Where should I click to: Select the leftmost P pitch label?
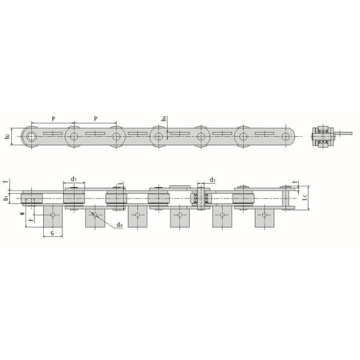pyautogui.click(x=53, y=118)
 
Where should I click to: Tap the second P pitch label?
pyautogui.click(x=96, y=118)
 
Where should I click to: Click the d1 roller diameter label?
pyautogui.click(x=73, y=178)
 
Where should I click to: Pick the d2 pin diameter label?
pyautogui.click(x=212, y=179)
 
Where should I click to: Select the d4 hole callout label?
pyautogui.click(x=120, y=225)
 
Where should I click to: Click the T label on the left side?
pyautogui.click(x=5, y=182)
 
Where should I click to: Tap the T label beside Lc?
pyautogui.click(x=294, y=182)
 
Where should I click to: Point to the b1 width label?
pyautogui.click(x=6, y=197)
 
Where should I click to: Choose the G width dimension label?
pyautogui.click(x=53, y=233)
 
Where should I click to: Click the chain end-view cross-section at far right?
pyautogui.click(x=324, y=136)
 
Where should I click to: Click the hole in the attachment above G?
pyautogui.click(x=53, y=215)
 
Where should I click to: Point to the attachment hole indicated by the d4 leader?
pyautogui.click(x=95, y=215)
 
